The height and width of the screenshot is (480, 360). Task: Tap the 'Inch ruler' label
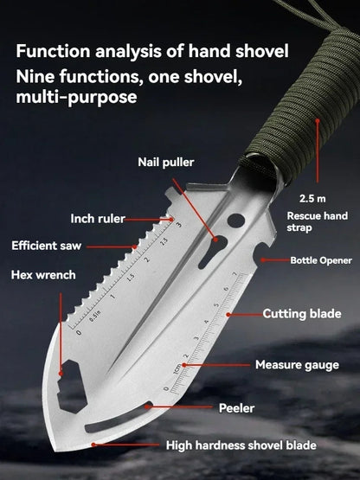(x=97, y=218)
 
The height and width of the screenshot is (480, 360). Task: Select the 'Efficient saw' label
(x=46, y=246)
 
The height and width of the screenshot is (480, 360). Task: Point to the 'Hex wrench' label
(x=43, y=275)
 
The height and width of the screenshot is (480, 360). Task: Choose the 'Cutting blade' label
(x=302, y=314)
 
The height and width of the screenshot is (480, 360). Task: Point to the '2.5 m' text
(x=307, y=197)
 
